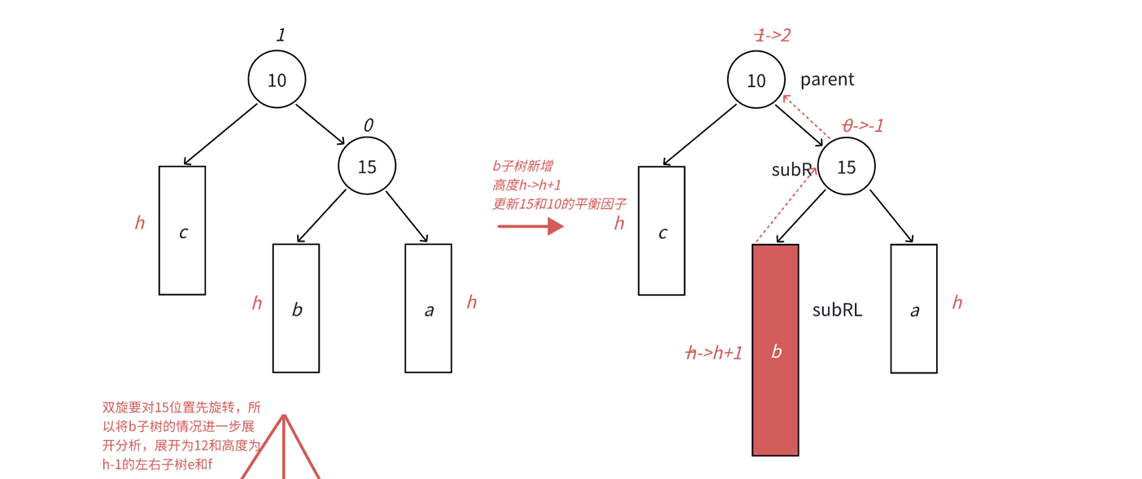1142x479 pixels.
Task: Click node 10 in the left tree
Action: coord(277,80)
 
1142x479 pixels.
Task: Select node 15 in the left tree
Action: coord(368,166)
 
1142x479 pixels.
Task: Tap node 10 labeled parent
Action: coord(756,80)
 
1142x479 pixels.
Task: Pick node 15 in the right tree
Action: coord(847,166)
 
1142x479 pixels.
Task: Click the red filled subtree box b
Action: coord(775,350)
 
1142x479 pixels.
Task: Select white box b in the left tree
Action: coord(296,308)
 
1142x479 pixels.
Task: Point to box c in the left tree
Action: coord(182,231)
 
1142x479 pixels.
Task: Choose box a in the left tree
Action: coord(428,308)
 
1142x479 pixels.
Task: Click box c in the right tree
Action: coord(661,231)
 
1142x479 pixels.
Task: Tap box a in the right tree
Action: coord(913,308)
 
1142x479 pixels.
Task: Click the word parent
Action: coord(827,80)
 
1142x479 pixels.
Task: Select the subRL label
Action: coord(837,310)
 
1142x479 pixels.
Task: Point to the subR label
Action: coord(791,170)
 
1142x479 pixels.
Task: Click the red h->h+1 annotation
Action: coord(714,353)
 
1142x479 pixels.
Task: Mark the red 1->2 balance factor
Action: coord(772,35)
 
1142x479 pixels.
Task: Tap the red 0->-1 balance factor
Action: coord(862,125)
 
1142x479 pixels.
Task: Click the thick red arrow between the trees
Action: coord(531,226)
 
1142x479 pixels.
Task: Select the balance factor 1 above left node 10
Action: coord(281,35)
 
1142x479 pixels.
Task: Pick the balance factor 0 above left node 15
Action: coord(368,125)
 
